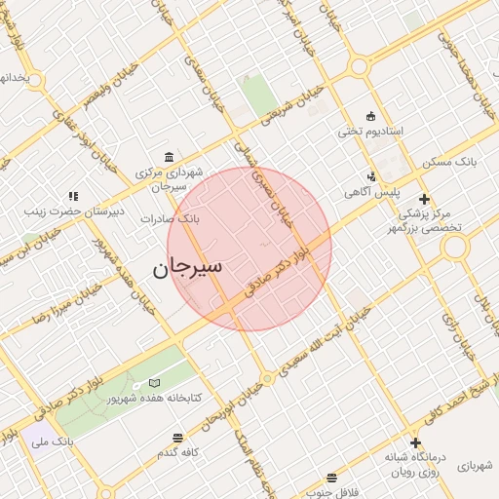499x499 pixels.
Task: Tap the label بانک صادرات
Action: [169, 219]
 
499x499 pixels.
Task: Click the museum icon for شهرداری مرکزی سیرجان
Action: [171, 158]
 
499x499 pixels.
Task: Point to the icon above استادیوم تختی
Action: [370, 115]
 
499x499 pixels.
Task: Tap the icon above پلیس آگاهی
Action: [371, 176]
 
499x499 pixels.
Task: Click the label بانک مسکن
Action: [454, 160]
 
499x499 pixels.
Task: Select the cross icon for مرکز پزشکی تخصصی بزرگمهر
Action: [424, 198]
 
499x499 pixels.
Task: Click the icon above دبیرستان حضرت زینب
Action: [73, 196]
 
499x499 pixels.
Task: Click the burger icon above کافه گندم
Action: [176, 439]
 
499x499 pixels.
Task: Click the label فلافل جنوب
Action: [332, 492]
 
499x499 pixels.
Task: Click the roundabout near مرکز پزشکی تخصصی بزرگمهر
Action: [455, 247]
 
